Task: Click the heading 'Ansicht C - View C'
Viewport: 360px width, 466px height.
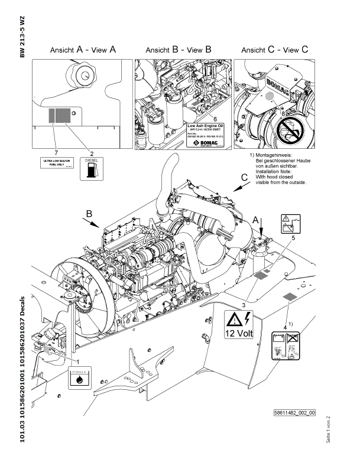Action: tap(275, 50)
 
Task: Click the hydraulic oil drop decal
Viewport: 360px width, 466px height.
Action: tap(80, 377)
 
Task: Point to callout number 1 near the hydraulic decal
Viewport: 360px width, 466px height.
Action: tap(77, 359)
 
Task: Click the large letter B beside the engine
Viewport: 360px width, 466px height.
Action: tap(89, 213)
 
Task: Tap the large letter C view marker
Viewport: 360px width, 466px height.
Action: tap(244, 177)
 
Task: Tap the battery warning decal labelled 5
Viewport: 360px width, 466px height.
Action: tap(290, 224)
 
